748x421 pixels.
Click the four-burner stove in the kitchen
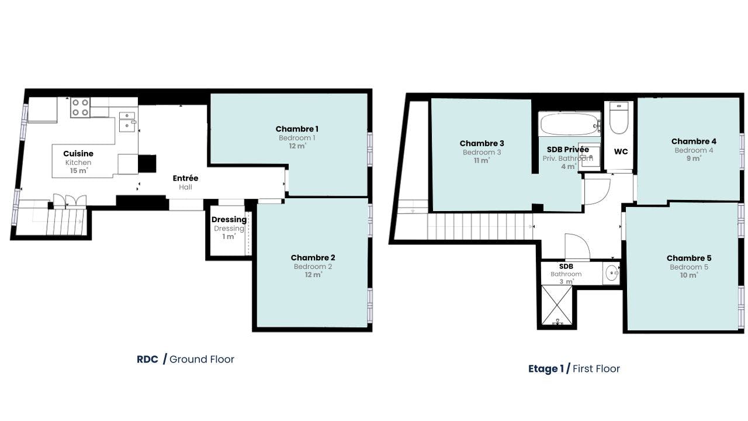pyautogui.click(x=81, y=107)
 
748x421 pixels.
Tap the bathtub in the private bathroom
pyautogui.click(x=570, y=125)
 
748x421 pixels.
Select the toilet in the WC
pyautogui.click(x=619, y=118)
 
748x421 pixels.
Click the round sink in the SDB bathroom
pyautogui.click(x=611, y=273)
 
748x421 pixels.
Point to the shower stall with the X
pyautogui.click(x=557, y=305)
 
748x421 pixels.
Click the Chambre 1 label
pyautogui.click(x=297, y=129)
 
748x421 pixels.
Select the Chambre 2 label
pyautogui.click(x=313, y=258)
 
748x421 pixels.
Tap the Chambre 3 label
pyautogui.click(x=482, y=143)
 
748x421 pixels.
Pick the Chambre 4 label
pyautogui.click(x=694, y=142)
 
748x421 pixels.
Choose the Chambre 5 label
pyautogui.click(x=689, y=258)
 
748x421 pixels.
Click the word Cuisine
pyautogui.click(x=78, y=154)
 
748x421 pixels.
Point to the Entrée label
pyautogui.click(x=185, y=178)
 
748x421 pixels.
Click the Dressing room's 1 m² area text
pyautogui.click(x=229, y=237)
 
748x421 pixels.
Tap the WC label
pyautogui.click(x=621, y=151)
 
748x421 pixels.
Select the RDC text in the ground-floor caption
pyautogui.click(x=147, y=359)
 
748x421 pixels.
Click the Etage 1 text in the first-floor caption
pyautogui.click(x=546, y=368)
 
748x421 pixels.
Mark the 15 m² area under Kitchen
pyautogui.click(x=79, y=171)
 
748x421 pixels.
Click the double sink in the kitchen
pyautogui.click(x=127, y=122)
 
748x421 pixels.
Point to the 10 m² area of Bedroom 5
pyautogui.click(x=689, y=275)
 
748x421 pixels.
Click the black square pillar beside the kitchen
pyautogui.click(x=147, y=164)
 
